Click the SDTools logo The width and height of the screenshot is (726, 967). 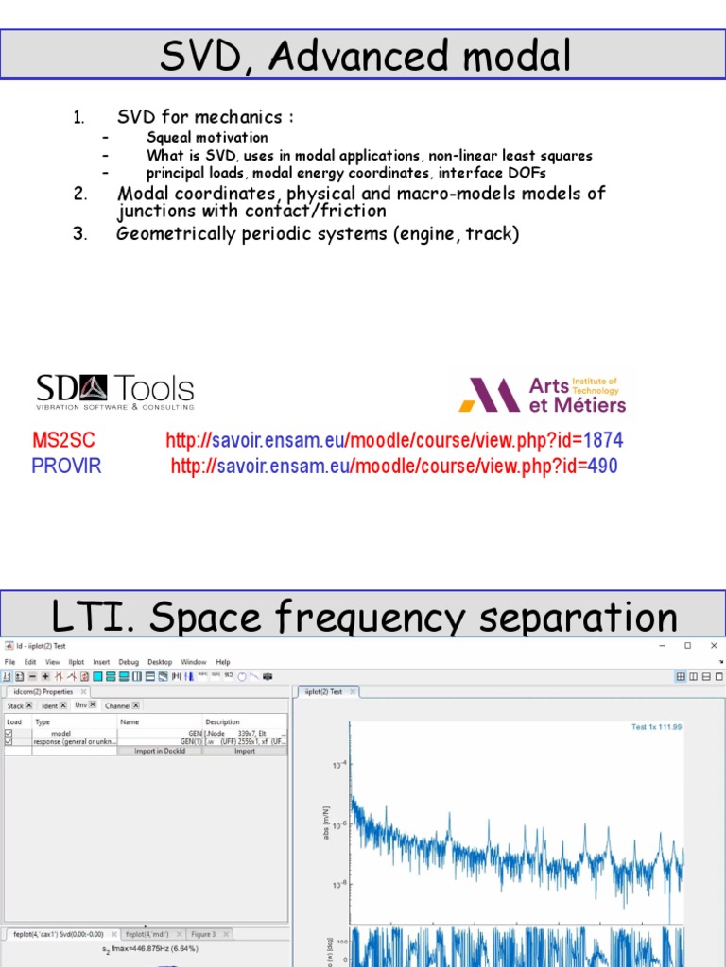[114, 392]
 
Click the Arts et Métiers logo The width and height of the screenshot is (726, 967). [543, 395]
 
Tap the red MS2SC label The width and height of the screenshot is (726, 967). [63, 441]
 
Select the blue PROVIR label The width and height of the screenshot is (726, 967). [66, 466]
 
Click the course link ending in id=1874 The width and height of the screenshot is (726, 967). [394, 441]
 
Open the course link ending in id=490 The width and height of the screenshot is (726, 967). [394, 466]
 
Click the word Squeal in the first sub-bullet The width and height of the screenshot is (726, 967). [169, 138]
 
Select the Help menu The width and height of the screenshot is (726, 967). [223, 662]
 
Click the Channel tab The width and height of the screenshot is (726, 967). [118, 705]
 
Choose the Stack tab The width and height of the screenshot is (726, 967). [16, 705]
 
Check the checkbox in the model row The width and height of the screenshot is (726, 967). [9, 733]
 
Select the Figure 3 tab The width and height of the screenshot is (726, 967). [202, 934]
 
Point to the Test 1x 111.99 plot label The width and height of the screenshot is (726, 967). [656, 727]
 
